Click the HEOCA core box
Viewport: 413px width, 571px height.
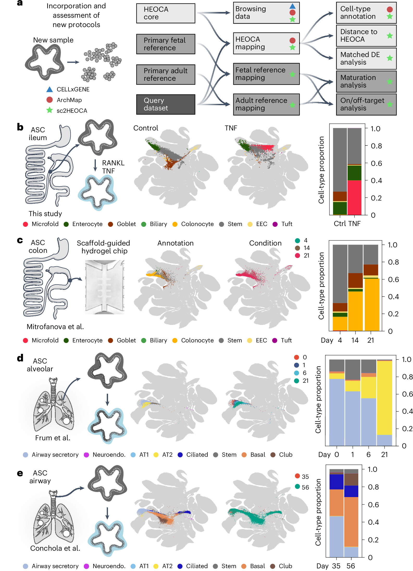[165, 13]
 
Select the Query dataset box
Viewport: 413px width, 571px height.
[165, 104]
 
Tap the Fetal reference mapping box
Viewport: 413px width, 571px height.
[266, 74]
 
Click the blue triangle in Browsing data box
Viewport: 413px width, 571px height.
[292, 6]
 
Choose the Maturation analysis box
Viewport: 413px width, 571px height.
[366, 81]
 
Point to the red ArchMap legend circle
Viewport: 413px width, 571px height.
[49, 100]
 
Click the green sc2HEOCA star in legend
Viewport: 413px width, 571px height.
[49, 110]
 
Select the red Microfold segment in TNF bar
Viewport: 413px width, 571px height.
[354, 197]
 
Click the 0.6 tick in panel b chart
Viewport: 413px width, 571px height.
[376, 163]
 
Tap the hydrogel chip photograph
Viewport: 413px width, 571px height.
[105, 287]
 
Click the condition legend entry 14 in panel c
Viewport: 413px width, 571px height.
[302, 248]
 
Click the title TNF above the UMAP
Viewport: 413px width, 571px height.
[231, 128]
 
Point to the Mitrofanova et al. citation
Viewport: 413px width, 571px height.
[55, 327]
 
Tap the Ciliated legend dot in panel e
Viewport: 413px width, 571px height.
[180, 566]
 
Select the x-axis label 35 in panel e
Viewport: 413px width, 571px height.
[336, 566]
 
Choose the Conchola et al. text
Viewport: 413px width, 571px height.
[55, 548]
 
